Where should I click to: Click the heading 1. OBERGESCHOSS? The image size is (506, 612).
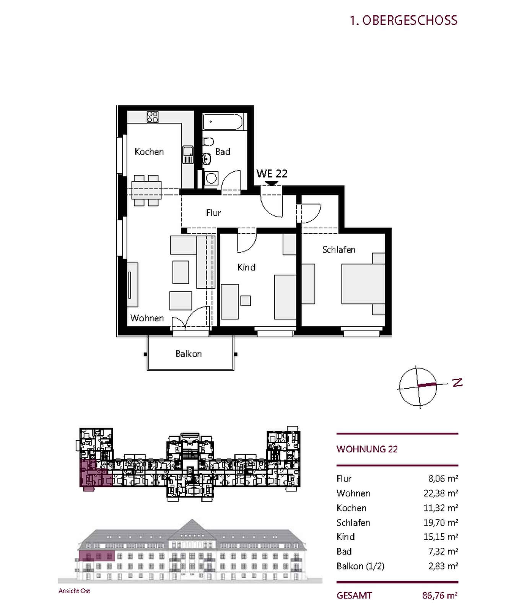pos(403,20)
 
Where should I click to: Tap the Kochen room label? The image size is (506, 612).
pos(149,152)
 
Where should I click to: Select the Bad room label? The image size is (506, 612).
pos(223,152)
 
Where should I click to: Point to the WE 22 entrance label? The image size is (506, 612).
pos(272,173)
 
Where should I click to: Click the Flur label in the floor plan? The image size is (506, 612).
pos(213,213)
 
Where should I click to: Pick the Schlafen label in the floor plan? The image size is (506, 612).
pos(339,250)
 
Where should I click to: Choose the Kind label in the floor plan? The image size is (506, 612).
pos(246,267)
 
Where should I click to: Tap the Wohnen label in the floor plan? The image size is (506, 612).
pos(147,318)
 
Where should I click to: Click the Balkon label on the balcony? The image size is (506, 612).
pos(189,354)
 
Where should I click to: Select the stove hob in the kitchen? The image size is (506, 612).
pos(153,117)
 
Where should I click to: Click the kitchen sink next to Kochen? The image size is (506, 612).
pos(188,155)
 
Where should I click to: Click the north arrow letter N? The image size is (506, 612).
pos(457,382)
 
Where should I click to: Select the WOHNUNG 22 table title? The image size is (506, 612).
pos(367,449)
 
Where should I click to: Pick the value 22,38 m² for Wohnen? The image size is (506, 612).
pos(441,493)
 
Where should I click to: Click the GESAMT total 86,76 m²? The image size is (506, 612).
pos(440,596)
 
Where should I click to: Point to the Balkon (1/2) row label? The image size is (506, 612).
pos(360,566)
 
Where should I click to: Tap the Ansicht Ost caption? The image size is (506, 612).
pos(74,591)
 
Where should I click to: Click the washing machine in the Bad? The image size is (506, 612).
pos(211,178)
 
